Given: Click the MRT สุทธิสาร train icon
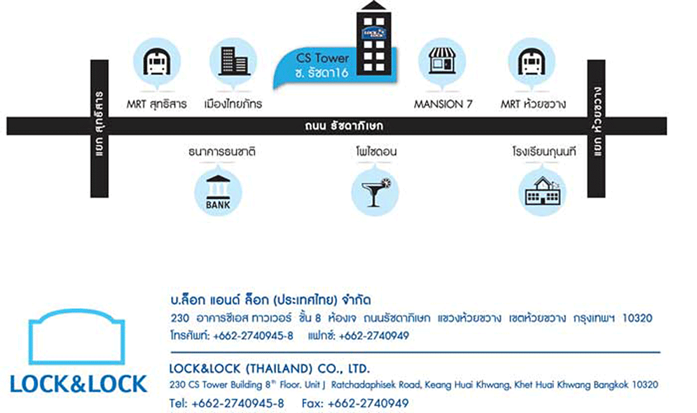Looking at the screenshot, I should (156, 63).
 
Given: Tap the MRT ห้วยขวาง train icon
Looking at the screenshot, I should (532, 63).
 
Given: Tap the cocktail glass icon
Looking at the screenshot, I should (375, 191).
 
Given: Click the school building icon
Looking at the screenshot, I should (542, 191).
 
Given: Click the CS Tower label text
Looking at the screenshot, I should (323, 58).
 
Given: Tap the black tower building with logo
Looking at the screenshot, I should (373, 38).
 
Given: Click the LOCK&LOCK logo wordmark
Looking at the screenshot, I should (78, 383).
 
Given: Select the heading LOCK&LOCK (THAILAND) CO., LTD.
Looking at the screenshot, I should (270, 369).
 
